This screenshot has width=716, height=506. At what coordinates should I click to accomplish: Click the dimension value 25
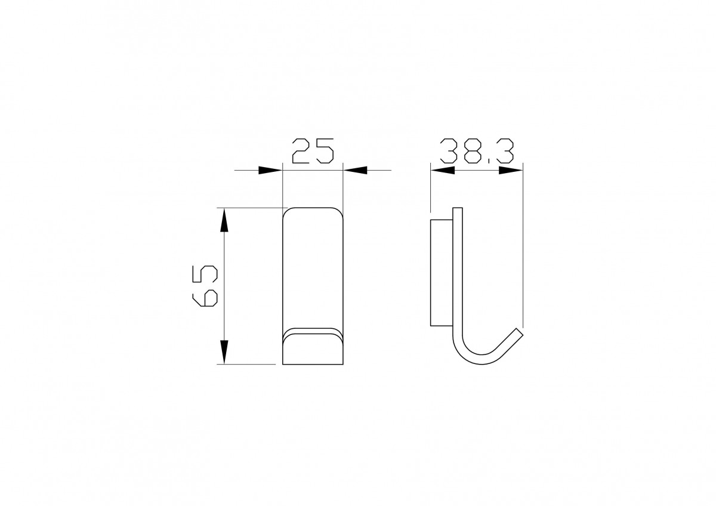click(x=313, y=151)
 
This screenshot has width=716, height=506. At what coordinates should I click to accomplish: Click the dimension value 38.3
click(x=477, y=151)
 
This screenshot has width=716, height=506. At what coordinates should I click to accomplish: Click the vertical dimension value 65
click(x=205, y=286)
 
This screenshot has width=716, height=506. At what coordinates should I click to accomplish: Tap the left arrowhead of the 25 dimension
click(x=270, y=170)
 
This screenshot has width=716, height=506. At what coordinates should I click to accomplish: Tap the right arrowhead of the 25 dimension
click(x=355, y=170)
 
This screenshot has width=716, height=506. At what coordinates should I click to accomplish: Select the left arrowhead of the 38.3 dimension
click(x=443, y=170)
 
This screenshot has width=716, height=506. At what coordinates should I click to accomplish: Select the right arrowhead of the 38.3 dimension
click(x=511, y=170)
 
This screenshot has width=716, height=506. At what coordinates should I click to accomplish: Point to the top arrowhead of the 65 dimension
click(x=224, y=220)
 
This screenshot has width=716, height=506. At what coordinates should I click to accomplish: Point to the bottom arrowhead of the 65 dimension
click(x=224, y=352)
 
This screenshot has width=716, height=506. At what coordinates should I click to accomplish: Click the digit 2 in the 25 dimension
click(x=301, y=151)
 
